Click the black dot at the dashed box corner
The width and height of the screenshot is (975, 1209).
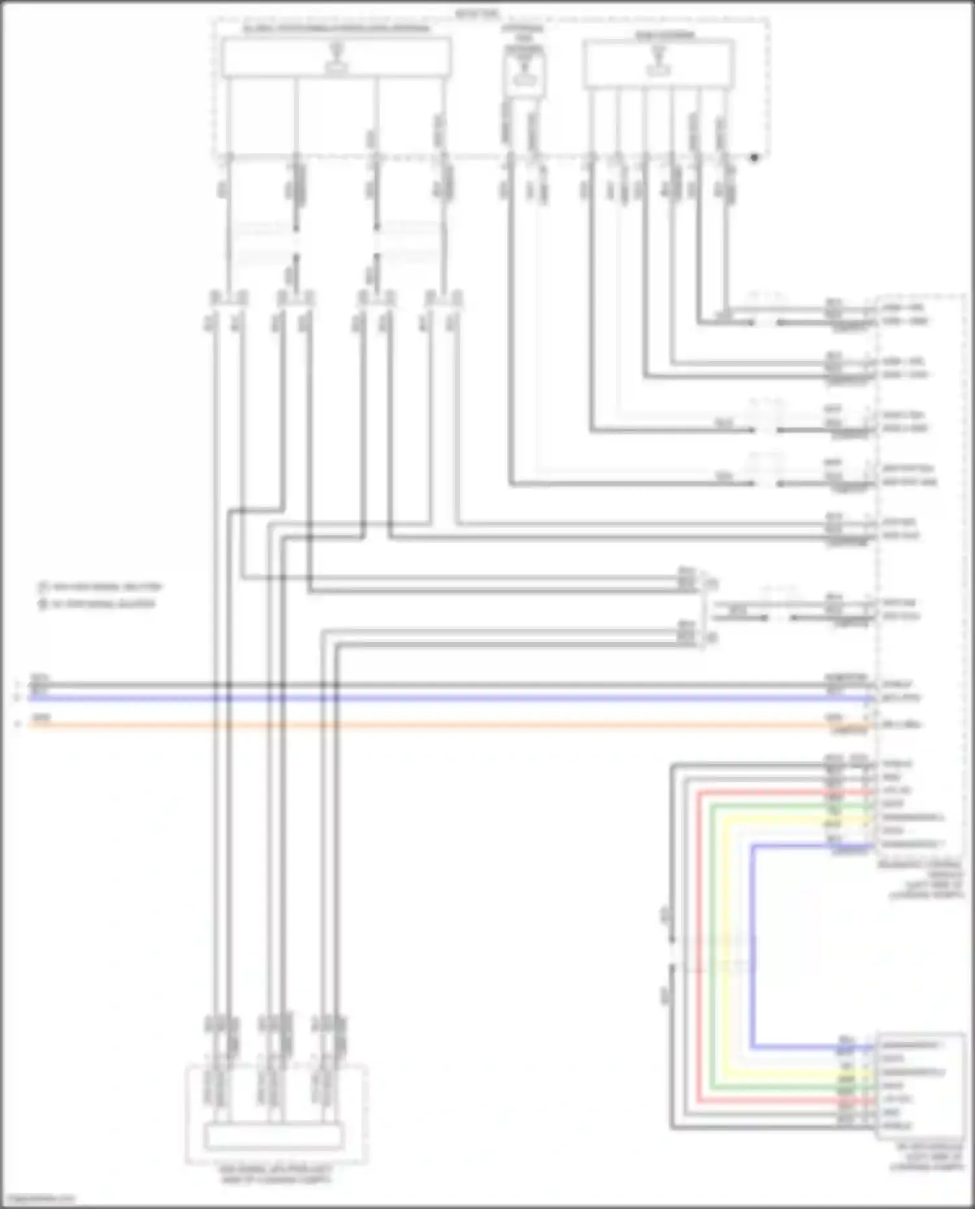[x=754, y=157]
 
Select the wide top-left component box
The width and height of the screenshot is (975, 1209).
[x=336, y=58]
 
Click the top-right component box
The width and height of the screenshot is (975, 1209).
[x=658, y=63]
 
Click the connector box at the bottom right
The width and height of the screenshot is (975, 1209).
[x=920, y=1085]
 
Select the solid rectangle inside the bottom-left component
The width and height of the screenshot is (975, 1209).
[x=274, y=1137]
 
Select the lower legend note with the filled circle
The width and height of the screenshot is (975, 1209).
[x=97, y=604]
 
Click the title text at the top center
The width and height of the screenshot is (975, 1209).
[x=478, y=14]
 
